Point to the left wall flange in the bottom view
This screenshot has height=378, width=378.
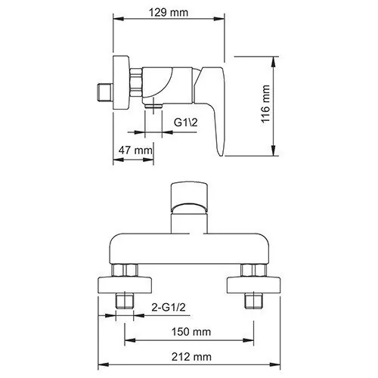[125, 286]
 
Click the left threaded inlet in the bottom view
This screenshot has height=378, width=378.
[125, 301]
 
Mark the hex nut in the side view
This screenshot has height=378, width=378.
[137, 81]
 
